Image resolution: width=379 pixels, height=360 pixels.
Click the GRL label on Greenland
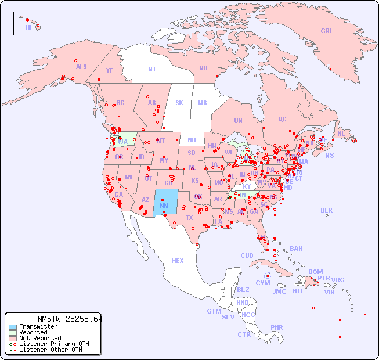[327, 31]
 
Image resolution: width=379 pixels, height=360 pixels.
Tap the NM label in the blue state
[164, 206]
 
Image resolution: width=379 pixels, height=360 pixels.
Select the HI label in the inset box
[28, 27]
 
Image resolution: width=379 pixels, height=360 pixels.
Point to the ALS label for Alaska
[81, 67]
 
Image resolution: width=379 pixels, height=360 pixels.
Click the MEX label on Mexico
[178, 261]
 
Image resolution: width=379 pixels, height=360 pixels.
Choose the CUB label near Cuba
[247, 255]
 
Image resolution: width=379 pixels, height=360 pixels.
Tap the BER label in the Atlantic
[326, 210]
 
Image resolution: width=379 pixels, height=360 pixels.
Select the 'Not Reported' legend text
[40, 338]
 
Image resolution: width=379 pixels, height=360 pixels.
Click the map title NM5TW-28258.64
[69, 319]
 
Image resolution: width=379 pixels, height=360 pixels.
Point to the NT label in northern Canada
[151, 69]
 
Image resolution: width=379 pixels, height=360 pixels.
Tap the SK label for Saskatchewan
[179, 103]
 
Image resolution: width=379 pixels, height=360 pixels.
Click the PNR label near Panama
[277, 327]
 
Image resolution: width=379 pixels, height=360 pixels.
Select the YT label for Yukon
[109, 70]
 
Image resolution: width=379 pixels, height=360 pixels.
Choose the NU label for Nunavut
[203, 68]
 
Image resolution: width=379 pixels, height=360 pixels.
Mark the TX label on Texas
[189, 218]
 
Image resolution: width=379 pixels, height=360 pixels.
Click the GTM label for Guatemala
[214, 311]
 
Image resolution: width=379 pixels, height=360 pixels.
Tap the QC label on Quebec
[282, 119]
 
